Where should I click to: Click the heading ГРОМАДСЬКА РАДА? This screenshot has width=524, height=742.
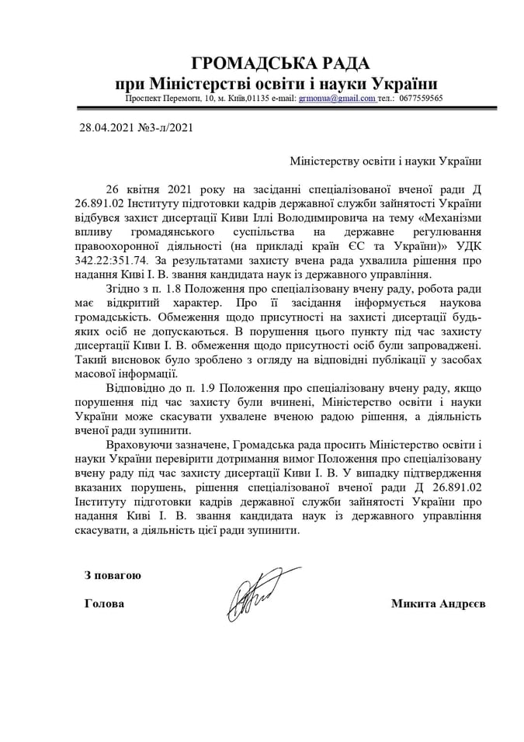click(280, 63)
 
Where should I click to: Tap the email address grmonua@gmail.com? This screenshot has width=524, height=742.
click(338, 99)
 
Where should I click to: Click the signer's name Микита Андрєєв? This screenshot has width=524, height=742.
click(438, 604)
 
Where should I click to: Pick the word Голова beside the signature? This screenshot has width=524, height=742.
click(103, 604)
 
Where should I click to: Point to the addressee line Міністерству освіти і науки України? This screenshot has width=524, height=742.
click(385, 161)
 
